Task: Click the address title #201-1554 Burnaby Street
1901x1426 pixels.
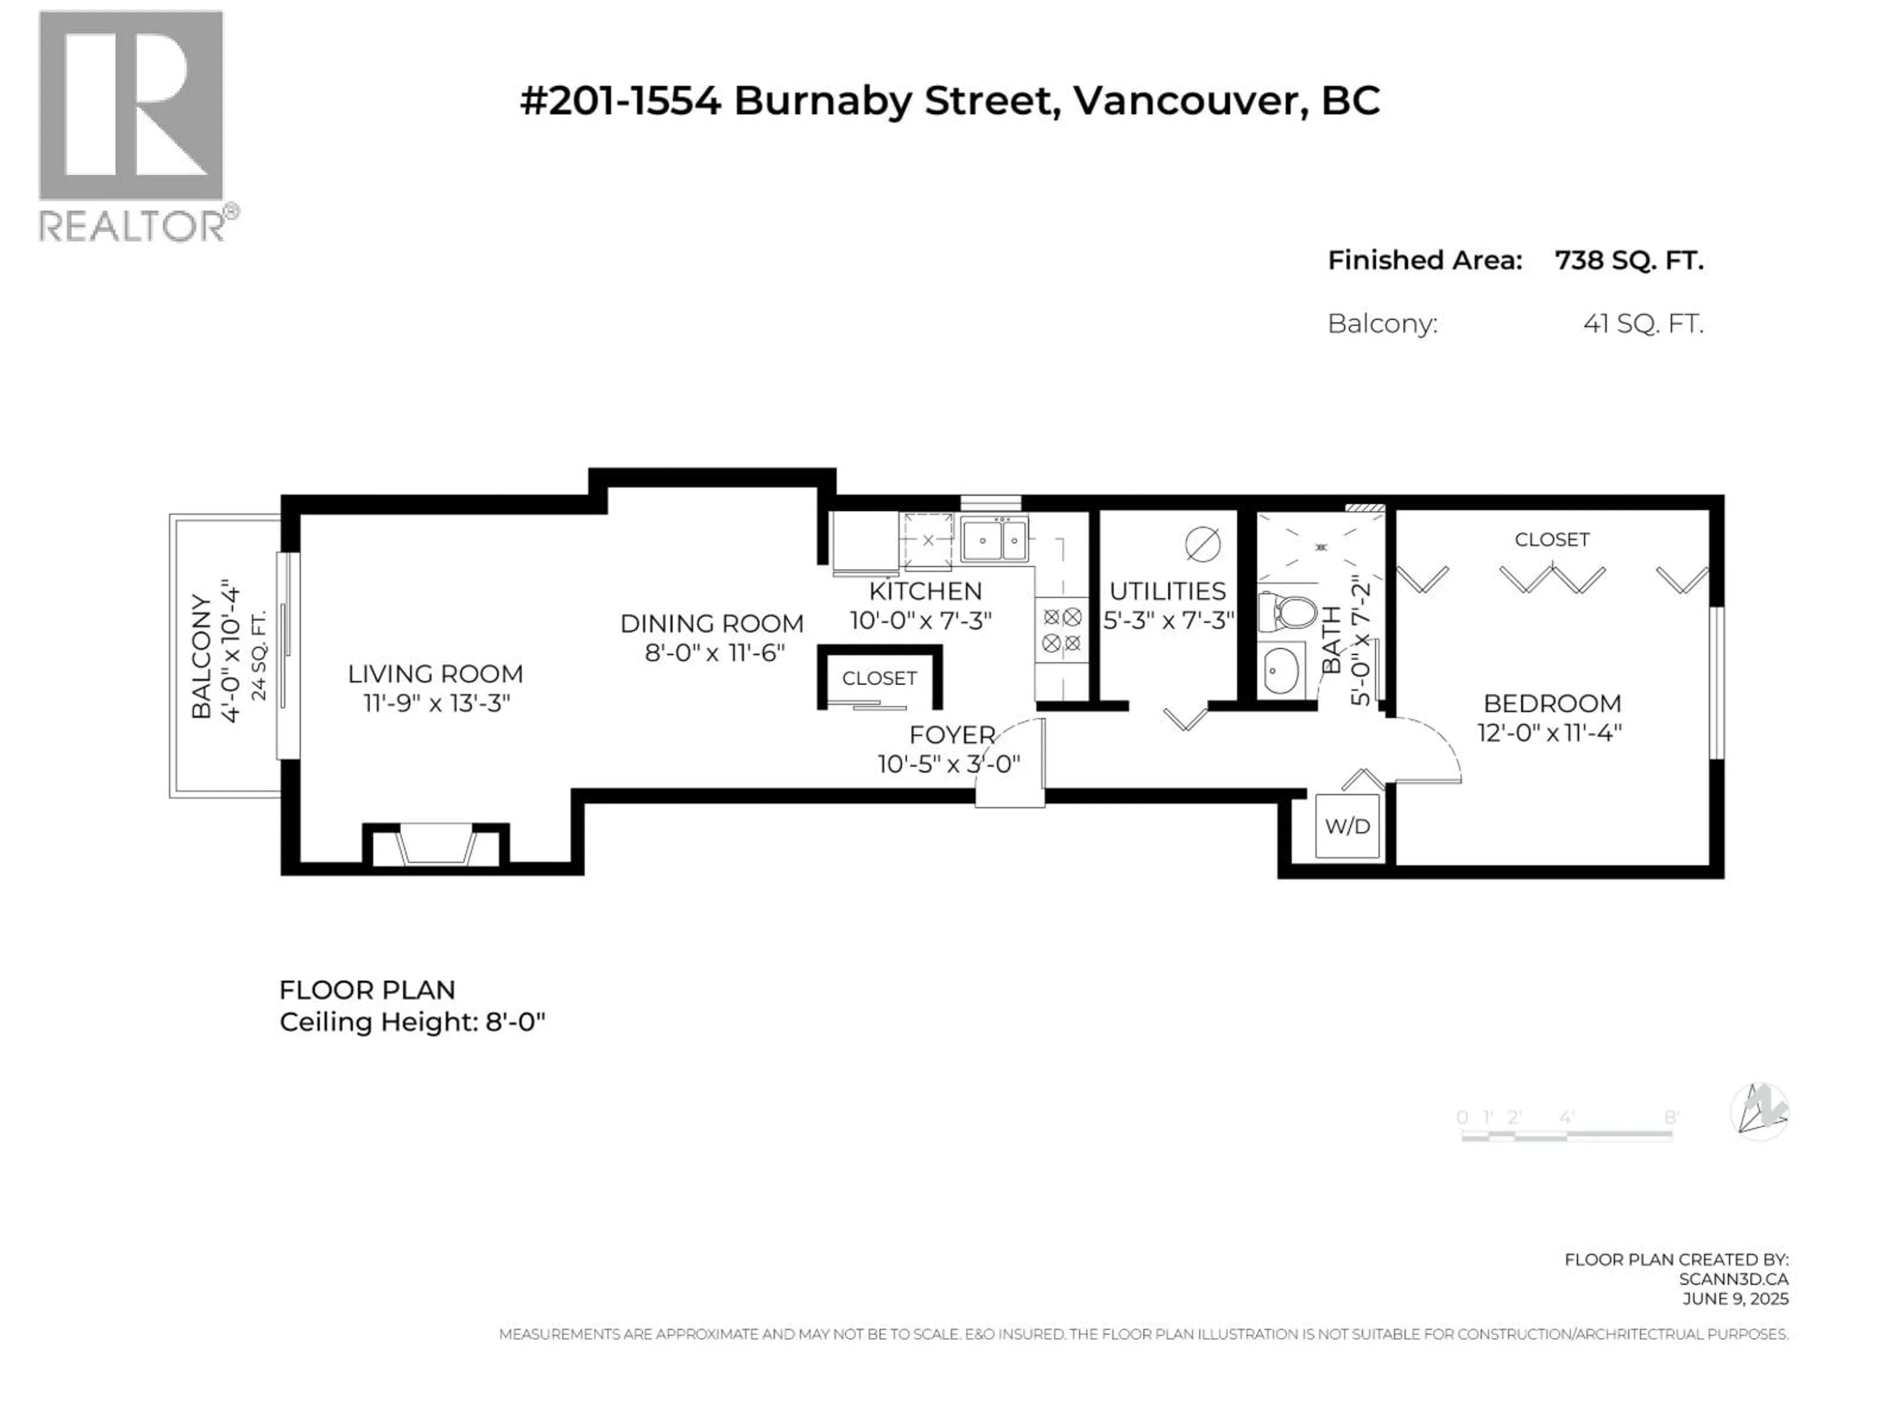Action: click(950, 101)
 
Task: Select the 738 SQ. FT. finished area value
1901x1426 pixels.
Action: click(1629, 260)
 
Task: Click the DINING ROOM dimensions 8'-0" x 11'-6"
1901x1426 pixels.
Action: click(714, 653)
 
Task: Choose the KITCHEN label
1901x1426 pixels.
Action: click(925, 591)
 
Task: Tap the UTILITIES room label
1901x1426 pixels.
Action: click(1167, 591)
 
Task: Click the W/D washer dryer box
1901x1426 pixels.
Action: click(1348, 826)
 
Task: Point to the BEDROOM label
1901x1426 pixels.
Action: click(1552, 703)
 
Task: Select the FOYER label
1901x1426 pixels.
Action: click(951, 735)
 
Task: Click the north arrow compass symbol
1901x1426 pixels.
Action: click(1758, 1112)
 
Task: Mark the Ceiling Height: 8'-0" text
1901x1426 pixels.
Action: click(412, 1022)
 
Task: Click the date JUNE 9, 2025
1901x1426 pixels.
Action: click(1735, 1299)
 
